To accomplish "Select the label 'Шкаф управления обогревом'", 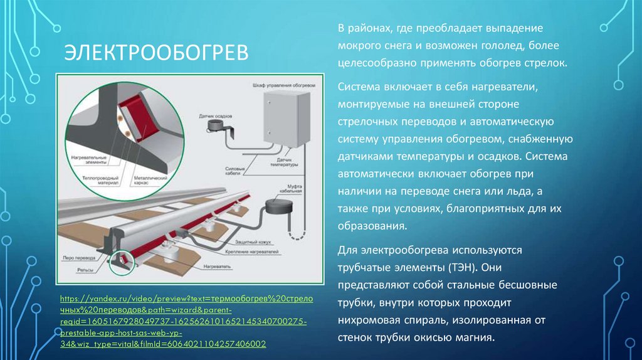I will point(279,83).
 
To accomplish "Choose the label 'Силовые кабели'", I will point(233,169).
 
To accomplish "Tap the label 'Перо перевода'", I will point(76,258).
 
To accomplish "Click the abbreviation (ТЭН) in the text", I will point(461,267).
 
